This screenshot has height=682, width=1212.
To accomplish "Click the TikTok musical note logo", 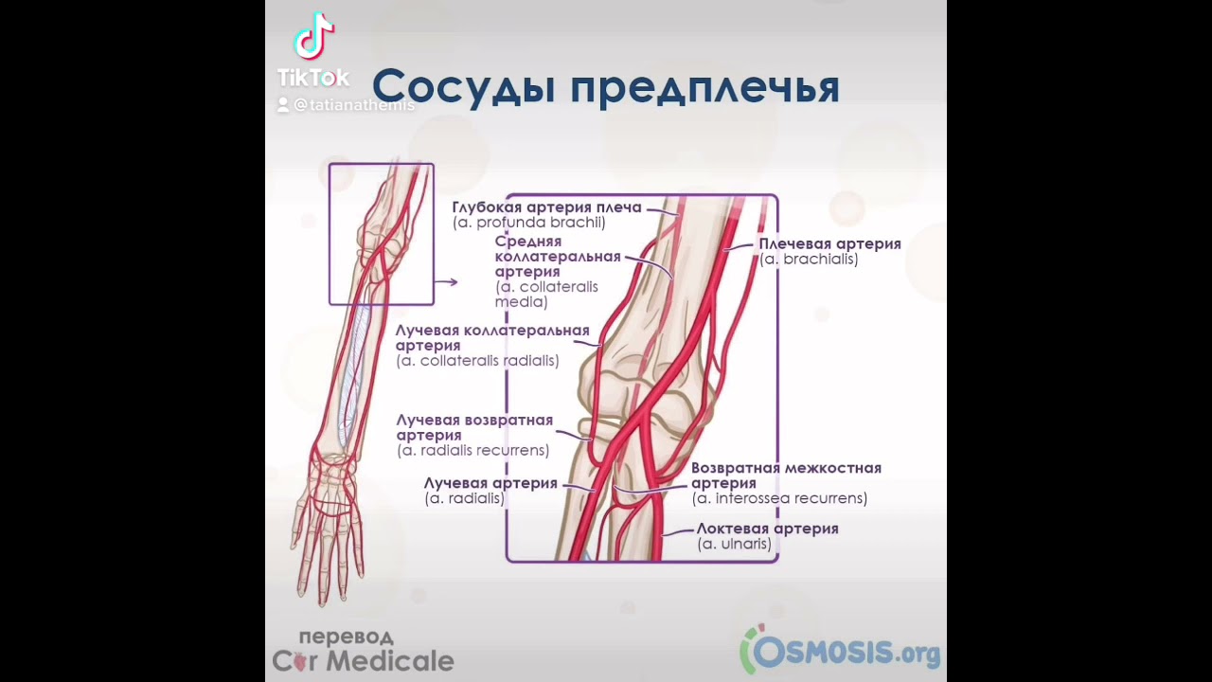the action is tap(313, 38).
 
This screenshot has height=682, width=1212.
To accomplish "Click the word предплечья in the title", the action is tap(704, 88).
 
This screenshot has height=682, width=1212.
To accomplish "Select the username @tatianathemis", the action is tap(353, 105).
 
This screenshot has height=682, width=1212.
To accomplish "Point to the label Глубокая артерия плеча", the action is tap(546, 207).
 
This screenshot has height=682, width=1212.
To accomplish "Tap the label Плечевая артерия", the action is tap(829, 243).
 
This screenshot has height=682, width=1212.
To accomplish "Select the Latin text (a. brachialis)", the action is tap(809, 259).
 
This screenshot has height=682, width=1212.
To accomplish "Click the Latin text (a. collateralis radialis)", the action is tap(477, 361).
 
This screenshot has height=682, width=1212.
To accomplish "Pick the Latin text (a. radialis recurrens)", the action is tap(472, 451).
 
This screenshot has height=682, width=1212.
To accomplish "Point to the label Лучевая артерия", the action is tap(490, 483).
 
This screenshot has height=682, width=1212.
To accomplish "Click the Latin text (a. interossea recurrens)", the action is tap(779, 498).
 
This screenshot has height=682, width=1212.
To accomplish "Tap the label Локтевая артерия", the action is tap(767, 529).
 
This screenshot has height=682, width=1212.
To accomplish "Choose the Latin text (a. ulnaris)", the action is tap(734, 544).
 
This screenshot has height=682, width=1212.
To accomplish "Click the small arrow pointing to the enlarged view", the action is tap(446, 281).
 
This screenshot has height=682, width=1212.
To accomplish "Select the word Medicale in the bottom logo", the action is tap(389, 660).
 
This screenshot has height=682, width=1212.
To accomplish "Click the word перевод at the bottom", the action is tap(346, 637).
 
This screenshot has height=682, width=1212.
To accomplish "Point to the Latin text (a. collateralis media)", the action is tap(546, 295).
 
